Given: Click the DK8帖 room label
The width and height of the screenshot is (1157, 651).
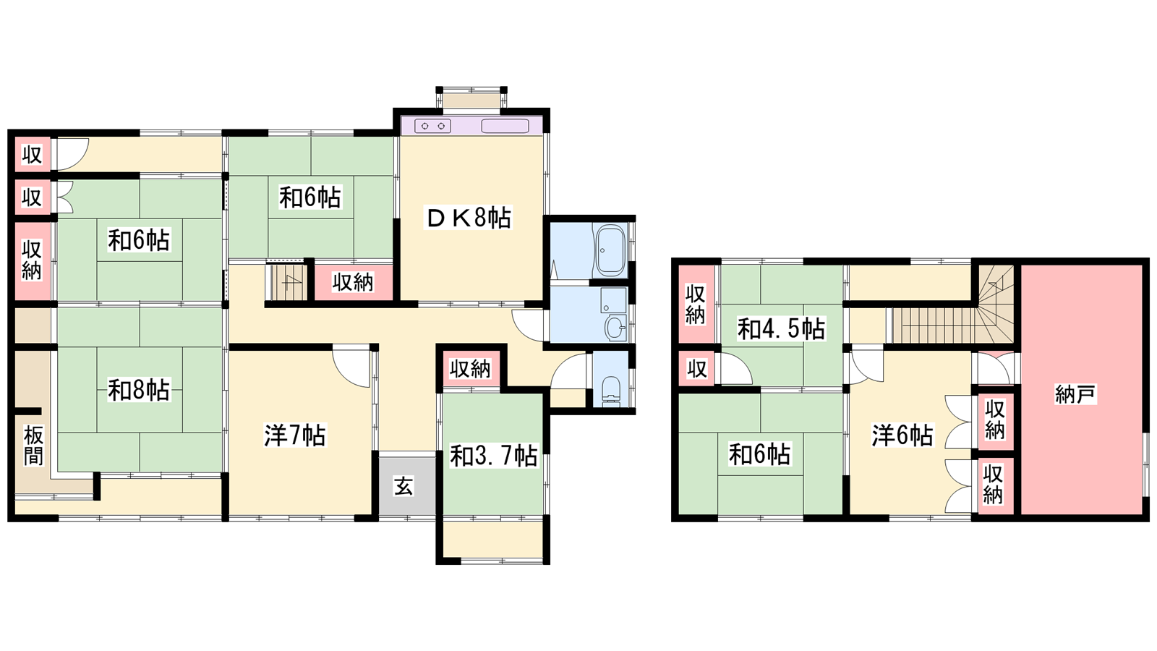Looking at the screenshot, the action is tap(468, 218).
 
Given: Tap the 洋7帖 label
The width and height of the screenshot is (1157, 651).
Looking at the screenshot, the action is tap(295, 435).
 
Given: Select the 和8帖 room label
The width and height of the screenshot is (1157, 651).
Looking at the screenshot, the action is tap(138, 390).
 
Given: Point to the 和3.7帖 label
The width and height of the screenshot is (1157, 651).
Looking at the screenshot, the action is tap(493, 456).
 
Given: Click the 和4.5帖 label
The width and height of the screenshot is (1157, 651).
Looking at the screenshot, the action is tap(781, 328).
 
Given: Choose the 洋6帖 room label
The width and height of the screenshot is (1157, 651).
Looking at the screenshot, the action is tap(902, 435).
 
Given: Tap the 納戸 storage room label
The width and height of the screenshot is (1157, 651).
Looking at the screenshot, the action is tap(1075, 394).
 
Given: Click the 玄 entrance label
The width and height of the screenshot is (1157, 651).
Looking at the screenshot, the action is tap(404, 486).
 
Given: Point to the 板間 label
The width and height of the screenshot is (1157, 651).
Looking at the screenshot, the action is tap(33, 446).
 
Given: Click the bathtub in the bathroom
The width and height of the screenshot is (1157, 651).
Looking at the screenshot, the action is tap(610, 250).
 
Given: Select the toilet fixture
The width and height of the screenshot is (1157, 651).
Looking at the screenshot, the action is tap(612, 391).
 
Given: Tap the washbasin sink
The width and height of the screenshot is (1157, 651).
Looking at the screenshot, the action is tap(615, 328).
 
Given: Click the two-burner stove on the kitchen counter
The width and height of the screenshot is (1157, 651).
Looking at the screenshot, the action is tap(433, 126).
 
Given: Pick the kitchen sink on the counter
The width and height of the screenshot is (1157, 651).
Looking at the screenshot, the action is tap(505, 126).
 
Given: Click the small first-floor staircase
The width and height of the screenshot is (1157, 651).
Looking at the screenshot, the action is tap(286, 282).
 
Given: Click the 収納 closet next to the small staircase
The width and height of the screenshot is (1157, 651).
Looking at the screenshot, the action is tap(354, 282).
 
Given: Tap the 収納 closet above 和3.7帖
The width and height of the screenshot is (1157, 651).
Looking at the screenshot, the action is tap(470, 369).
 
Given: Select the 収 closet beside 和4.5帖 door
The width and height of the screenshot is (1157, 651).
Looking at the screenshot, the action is tap(696, 369).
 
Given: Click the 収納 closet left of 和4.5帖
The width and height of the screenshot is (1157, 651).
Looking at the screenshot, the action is tap(695, 305).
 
